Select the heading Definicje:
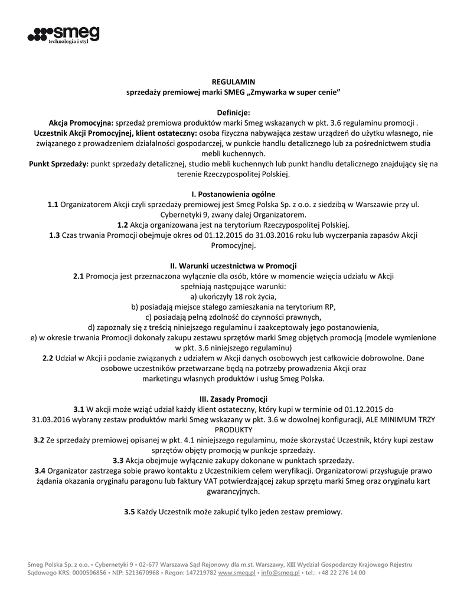coord(234,112)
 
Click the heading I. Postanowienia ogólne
coord(233,193)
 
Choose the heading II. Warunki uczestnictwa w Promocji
coord(233,265)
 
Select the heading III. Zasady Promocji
coord(233,398)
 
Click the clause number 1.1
coord(53,204)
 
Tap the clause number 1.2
coord(123,225)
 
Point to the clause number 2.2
coord(48,357)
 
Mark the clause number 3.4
coord(40,470)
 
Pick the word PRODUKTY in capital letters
coord(233,429)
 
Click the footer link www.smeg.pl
coord(237,572)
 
